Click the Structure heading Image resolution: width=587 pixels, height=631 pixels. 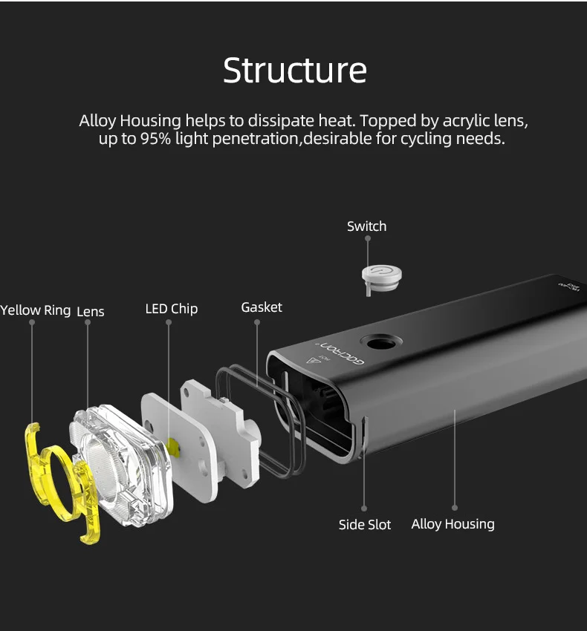coord(295,70)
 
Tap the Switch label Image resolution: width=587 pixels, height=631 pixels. coord(366,226)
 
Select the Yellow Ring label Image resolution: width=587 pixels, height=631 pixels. coord(35,310)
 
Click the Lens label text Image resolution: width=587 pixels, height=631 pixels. coord(91,312)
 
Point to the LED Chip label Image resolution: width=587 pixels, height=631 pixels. coord(172,309)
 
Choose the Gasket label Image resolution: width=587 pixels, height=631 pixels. coord(262,307)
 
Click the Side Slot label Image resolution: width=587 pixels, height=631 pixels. coord(365,525)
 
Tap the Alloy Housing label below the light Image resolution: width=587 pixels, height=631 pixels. coord(453,524)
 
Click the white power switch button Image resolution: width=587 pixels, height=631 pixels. coord(381,274)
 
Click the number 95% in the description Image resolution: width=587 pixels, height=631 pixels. coord(156,139)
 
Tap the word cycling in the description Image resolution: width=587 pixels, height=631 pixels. coord(425,139)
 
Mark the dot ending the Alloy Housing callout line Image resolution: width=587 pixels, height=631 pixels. coord(455,508)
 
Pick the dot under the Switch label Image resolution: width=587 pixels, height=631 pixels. coord(367,240)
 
